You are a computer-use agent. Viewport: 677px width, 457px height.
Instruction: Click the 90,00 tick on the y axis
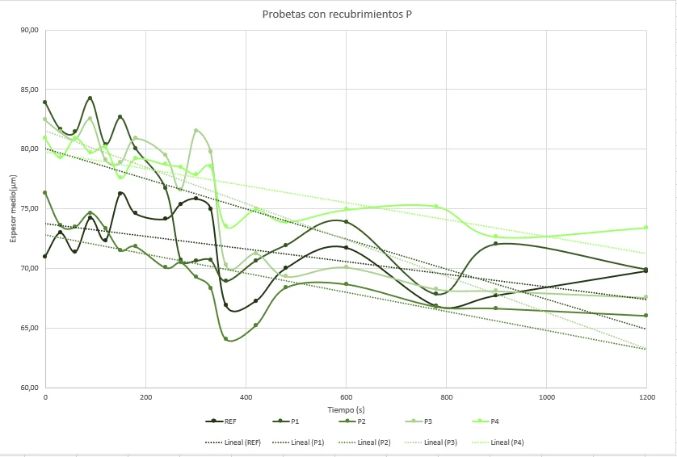tap(30, 30)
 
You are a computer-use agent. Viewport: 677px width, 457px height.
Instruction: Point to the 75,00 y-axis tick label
tap(30, 208)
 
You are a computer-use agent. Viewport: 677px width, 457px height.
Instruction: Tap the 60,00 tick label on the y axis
tap(30, 388)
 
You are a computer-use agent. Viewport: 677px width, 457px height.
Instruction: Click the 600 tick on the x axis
tap(346, 398)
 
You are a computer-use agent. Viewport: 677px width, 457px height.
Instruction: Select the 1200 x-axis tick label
tap(646, 398)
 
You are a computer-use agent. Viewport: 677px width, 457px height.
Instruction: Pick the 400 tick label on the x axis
tap(246, 398)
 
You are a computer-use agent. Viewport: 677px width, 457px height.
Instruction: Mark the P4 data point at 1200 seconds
tap(646, 228)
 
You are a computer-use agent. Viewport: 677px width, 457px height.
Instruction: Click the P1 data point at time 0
tap(45, 103)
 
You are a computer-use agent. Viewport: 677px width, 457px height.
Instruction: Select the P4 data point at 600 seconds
tap(346, 209)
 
